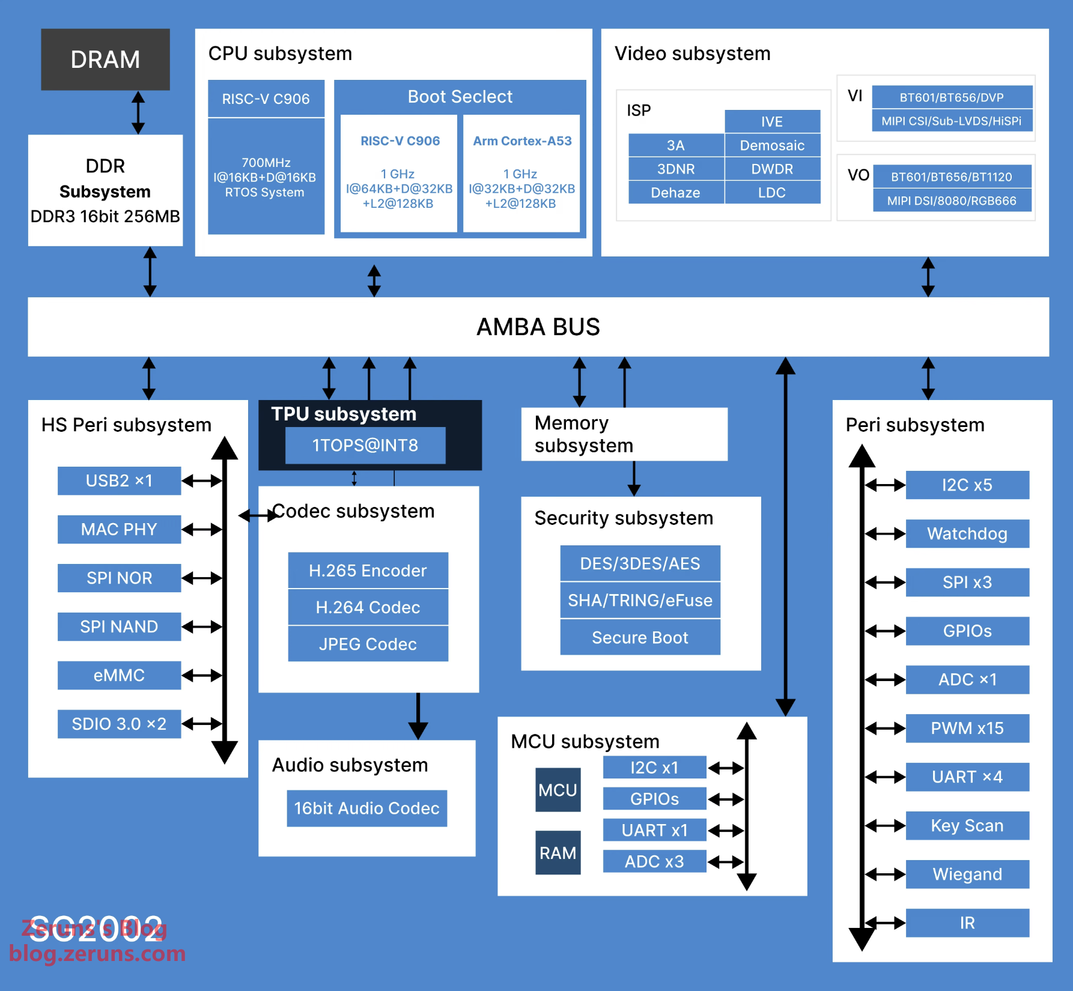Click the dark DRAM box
tap(105, 59)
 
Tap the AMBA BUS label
tap(538, 327)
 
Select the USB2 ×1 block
tap(119, 480)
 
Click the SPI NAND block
tap(119, 626)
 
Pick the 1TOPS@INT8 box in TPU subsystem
tap(365, 445)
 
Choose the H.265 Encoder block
tap(368, 570)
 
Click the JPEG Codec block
tap(368, 644)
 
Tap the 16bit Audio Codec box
tap(366, 808)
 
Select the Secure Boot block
tap(640, 637)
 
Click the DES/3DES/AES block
tap(640, 563)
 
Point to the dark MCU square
tap(558, 790)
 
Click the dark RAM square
tap(558, 853)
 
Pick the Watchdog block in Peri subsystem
tap(967, 533)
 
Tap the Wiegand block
tap(967, 874)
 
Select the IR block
tap(967, 923)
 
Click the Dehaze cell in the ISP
tap(675, 193)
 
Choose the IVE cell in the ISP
tap(771, 121)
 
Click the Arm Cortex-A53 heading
tap(522, 141)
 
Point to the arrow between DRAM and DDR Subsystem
tap(138, 112)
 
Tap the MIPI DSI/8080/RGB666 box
tap(952, 201)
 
